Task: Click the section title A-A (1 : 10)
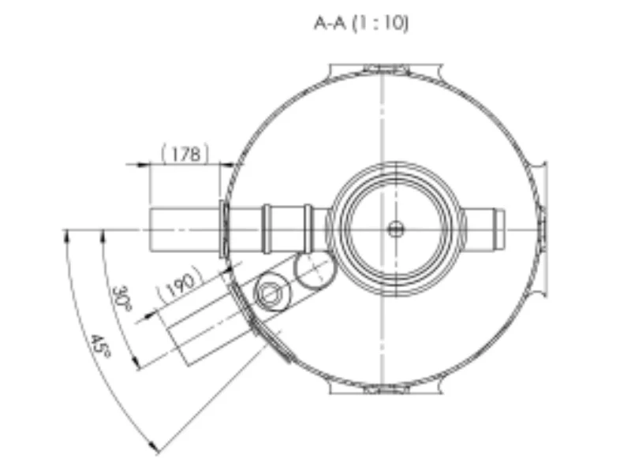(361, 24)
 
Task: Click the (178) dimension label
(185, 154)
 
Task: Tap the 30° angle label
(121, 299)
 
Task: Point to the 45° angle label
(100, 346)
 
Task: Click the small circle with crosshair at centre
(395, 229)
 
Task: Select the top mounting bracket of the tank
(386, 70)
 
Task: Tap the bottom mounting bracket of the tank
(386, 389)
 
